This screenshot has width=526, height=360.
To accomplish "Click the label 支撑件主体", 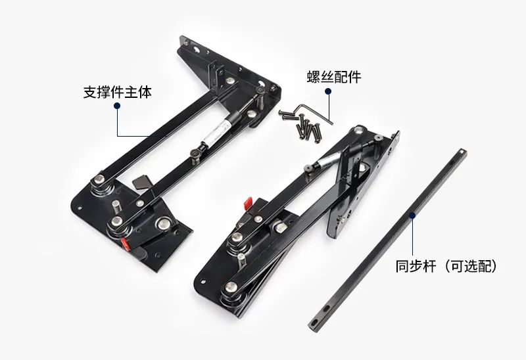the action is [118, 92].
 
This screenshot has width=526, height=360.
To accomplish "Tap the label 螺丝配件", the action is [334, 77].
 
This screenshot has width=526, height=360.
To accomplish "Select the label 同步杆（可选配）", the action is [446, 266].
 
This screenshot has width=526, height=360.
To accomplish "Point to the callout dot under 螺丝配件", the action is [328, 91].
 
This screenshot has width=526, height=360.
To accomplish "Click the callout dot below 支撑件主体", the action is [117, 106].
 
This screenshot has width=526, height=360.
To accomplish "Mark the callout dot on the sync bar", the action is [412, 215].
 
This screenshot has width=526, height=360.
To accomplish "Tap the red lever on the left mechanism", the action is [125, 244].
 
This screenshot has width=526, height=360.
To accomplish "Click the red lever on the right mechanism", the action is [249, 203].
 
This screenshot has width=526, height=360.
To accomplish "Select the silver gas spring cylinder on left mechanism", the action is [218, 131].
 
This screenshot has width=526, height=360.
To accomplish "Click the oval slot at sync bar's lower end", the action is [314, 322].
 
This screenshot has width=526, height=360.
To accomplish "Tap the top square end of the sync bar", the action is [463, 152].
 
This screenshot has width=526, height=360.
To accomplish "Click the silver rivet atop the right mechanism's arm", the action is [360, 129].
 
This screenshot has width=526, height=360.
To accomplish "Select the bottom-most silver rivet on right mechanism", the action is [231, 287].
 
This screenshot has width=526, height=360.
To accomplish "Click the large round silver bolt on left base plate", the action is [163, 223].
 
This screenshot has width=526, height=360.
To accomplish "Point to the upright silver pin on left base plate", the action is [116, 206].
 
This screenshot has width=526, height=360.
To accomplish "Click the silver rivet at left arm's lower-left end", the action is [99, 179].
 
